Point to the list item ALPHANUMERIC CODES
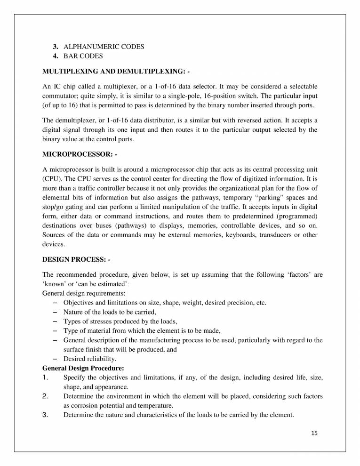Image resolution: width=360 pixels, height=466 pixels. tap(104, 47)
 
